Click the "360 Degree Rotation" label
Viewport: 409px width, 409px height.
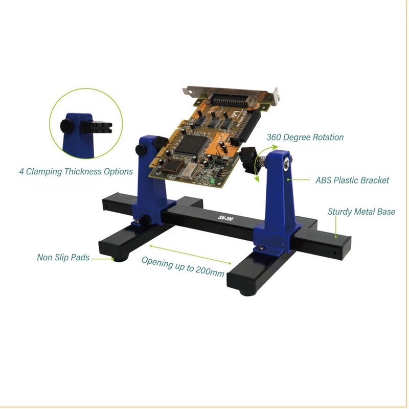[305, 137]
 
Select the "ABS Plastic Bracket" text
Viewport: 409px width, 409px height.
[352, 180]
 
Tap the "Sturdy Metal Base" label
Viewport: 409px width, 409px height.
[361, 211]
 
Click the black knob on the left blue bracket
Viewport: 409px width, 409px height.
[139, 149]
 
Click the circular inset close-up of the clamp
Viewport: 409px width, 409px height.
[86, 123]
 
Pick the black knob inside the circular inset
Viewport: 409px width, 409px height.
[65, 126]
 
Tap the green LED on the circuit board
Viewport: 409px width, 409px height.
[211, 182]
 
